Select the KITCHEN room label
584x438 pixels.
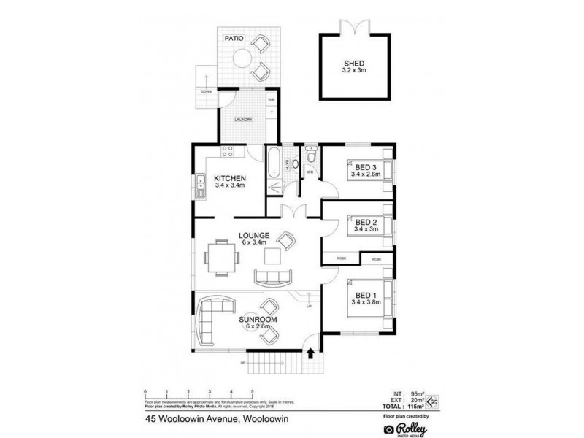[228, 178]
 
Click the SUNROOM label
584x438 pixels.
[257, 319]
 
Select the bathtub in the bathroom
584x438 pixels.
[273, 162]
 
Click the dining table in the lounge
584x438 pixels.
[220, 257]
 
